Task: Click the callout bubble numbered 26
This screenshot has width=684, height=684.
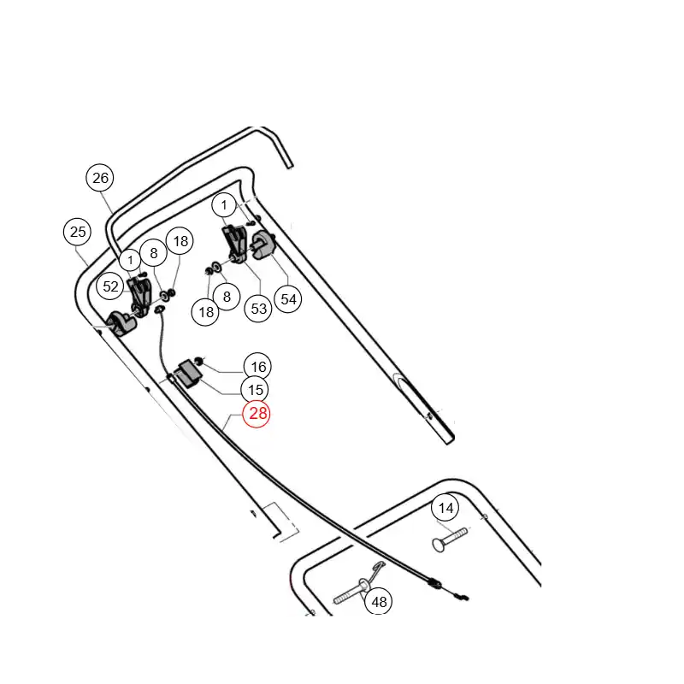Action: [100, 178]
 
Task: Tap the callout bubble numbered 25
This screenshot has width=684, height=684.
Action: [77, 231]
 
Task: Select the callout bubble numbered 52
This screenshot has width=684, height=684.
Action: [110, 286]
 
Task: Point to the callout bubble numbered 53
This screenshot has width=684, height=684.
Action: [259, 309]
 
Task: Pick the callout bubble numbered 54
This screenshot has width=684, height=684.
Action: [288, 298]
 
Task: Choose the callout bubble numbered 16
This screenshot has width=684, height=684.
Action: [258, 367]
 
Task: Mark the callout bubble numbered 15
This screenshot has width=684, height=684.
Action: [255, 390]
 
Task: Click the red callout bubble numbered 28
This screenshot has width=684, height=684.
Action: [256, 413]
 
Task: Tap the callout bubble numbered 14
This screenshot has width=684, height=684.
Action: [445, 508]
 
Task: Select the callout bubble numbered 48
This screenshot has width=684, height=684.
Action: [379, 602]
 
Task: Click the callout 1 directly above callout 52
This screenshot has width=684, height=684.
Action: [130, 261]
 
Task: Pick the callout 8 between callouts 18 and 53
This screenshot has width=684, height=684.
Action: [227, 297]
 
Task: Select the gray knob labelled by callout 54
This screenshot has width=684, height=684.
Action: [263, 245]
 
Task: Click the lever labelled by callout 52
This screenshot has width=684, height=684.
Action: [140, 296]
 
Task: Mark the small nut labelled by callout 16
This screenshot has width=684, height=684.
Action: [199, 360]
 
